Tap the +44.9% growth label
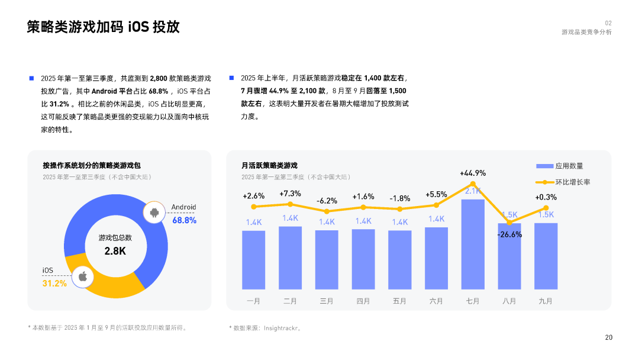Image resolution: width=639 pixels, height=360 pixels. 473,173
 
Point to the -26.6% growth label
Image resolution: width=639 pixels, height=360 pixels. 509,234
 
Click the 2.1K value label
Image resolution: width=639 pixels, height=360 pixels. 473,191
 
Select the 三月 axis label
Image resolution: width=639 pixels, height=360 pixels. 327,301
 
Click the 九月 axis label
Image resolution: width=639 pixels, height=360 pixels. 546,301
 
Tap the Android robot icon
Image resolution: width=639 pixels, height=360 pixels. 155,213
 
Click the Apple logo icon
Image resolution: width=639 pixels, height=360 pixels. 83,276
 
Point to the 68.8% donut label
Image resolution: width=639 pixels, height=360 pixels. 184,220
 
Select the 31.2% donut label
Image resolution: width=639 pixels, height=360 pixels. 54,284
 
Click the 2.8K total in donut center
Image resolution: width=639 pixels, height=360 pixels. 115,251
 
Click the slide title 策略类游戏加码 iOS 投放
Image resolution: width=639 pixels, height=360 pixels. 103,27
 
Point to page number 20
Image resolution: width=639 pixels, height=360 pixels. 609,337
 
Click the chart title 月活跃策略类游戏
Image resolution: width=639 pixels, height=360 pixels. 269,165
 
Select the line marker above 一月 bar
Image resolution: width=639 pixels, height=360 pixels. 254,207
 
